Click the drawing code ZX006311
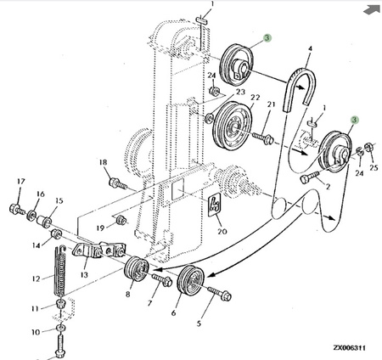pyautogui.click(x=350, y=347)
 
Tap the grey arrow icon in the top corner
pyautogui.click(x=372, y=9)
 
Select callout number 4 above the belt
pyautogui.click(x=310, y=48)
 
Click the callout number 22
pyautogui.click(x=255, y=98)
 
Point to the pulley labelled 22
pyautogui.click(x=232, y=125)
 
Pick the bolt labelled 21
pyautogui.click(x=263, y=138)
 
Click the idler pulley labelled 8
pyautogui.click(x=137, y=269)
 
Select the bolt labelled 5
pyautogui.click(x=220, y=294)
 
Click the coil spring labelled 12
pyautogui.click(x=60, y=271)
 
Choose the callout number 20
pyautogui.click(x=222, y=231)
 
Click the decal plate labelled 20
pyautogui.click(x=214, y=205)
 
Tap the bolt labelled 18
pyautogui.click(x=117, y=183)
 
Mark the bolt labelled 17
pyautogui.click(x=18, y=210)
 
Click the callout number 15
pyautogui.click(x=59, y=201)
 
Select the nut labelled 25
pyautogui.click(x=368, y=147)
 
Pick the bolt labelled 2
pyautogui.click(x=310, y=177)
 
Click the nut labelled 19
pyautogui.click(x=121, y=220)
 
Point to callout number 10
pyautogui.click(x=36, y=332)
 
